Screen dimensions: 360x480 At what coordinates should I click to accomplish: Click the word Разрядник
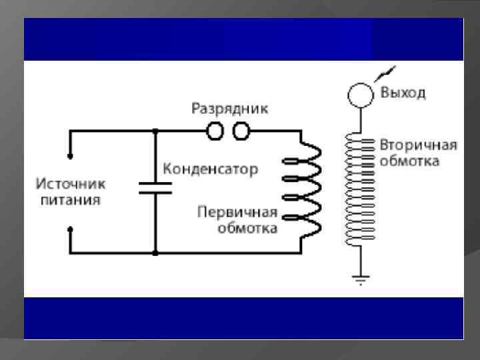pyautogui.click(x=230, y=108)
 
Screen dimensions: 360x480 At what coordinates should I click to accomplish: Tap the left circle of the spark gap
pyautogui.click(x=216, y=131)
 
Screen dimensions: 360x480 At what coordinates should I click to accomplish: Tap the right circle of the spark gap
pyautogui.click(x=240, y=131)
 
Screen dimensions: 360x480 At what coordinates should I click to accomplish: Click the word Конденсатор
pyautogui.click(x=210, y=169)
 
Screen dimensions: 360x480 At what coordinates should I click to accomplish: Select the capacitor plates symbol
pyautogui.click(x=155, y=187)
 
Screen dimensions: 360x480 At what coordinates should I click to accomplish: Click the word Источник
pyautogui.click(x=71, y=183)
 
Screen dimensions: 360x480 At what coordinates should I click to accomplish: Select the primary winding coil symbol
pyautogui.click(x=303, y=190)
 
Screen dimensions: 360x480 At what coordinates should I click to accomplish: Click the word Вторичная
pyautogui.click(x=418, y=145)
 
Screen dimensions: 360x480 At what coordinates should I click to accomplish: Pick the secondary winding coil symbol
pyautogui.click(x=360, y=190)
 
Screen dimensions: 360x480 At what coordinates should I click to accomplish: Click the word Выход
pyautogui.click(x=403, y=93)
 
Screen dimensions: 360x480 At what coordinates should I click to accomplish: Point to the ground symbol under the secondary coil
pyautogui.click(x=361, y=280)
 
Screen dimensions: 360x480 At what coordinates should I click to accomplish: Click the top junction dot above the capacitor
pyautogui.click(x=155, y=131)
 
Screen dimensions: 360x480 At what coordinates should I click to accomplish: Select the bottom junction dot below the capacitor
pyautogui.click(x=155, y=253)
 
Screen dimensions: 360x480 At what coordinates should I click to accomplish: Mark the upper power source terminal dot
pyautogui.click(x=70, y=158)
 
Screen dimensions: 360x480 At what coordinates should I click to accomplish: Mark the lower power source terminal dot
pyautogui.click(x=70, y=228)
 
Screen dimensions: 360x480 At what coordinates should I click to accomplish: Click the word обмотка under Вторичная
pyautogui.click(x=409, y=161)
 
